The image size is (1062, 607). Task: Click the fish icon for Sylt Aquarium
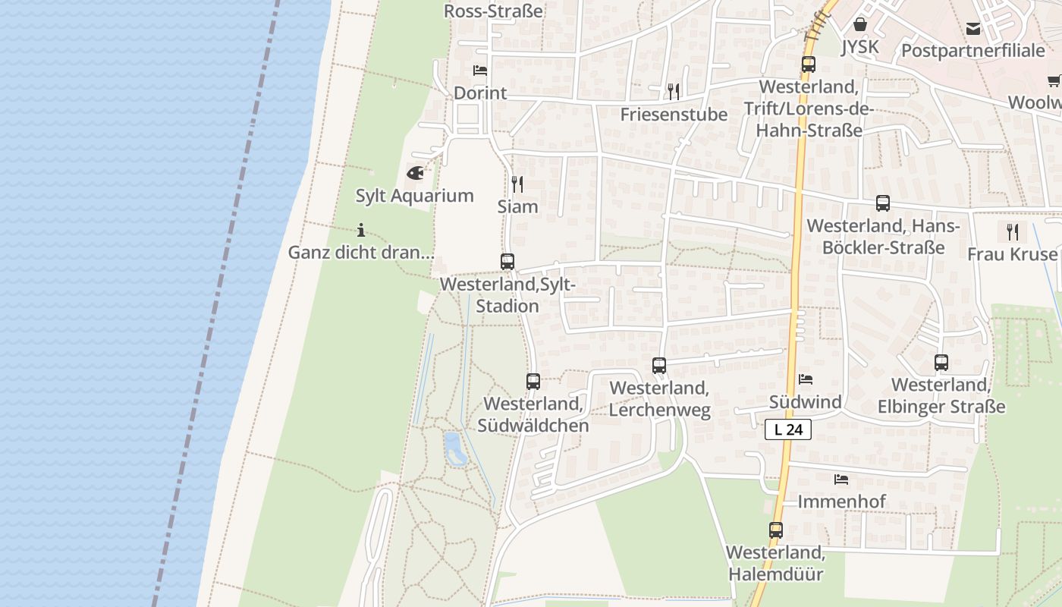pyautogui.click(x=415, y=173)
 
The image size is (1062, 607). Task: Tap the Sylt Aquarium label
pyautogui.click(x=415, y=196)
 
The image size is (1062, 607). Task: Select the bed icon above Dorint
pyautogui.click(x=480, y=71)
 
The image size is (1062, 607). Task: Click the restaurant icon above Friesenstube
pyautogui.click(x=674, y=92)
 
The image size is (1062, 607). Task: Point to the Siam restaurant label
pyautogui.click(x=517, y=206)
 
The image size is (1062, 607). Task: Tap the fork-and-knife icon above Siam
pyautogui.click(x=517, y=184)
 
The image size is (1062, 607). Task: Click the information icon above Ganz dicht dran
pyautogui.click(x=361, y=229)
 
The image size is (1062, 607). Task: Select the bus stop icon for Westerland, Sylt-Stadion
pyautogui.click(x=507, y=262)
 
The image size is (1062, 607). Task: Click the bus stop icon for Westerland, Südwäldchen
pyautogui.click(x=533, y=382)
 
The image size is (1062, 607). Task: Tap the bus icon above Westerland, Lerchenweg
pyautogui.click(x=659, y=366)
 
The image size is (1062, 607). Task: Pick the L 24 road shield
pyautogui.click(x=788, y=429)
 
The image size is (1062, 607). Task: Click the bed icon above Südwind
pyautogui.click(x=806, y=379)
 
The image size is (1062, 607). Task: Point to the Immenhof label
pyautogui.click(x=841, y=502)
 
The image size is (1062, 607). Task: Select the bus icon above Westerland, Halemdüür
pyautogui.click(x=776, y=530)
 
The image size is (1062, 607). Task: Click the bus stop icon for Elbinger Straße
pyautogui.click(x=941, y=363)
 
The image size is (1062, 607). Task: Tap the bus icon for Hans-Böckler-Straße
pyautogui.click(x=883, y=203)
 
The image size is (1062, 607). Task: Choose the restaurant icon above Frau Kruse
pyautogui.click(x=1013, y=231)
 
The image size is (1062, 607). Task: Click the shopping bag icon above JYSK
pyautogui.click(x=860, y=24)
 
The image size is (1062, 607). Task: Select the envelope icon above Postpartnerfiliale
pyautogui.click(x=973, y=29)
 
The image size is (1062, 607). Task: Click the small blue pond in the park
pyautogui.click(x=453, y=448)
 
